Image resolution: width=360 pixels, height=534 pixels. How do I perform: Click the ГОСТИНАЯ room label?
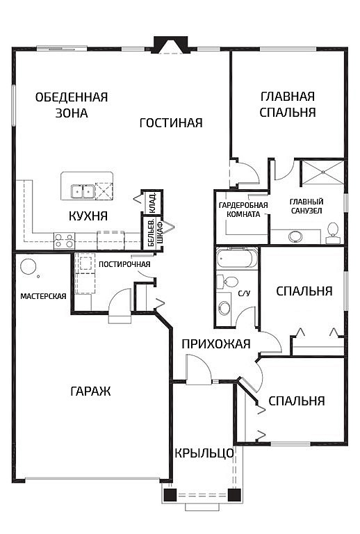click(x=170, y=123)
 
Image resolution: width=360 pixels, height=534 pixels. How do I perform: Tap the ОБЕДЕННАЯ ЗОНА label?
click(x=72, y=105)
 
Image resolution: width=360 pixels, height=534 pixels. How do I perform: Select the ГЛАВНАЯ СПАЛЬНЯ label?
click(x=288, y=104)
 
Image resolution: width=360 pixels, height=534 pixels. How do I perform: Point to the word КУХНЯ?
click(x=88, y=216)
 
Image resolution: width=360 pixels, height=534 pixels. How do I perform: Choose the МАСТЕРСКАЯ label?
click(x=43, y=296)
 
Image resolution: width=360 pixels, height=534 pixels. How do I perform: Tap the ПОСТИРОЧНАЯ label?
click(x=124, y=264)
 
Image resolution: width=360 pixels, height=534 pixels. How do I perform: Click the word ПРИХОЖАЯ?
click(x=215, y=343)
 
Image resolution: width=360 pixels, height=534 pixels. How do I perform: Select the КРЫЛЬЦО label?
click(x=204, y=453)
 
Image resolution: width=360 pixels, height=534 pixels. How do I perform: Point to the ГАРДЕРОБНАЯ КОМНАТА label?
click(x=239, y=210)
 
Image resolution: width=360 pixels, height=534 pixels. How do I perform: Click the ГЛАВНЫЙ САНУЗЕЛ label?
click(x=306, y=206)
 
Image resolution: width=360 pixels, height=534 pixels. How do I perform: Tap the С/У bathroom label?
click(x=244, y=293)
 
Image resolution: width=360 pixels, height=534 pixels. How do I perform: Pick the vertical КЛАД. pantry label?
click(x=152, y=202)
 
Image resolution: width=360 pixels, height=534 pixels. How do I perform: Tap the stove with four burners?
click(x=64, y=241)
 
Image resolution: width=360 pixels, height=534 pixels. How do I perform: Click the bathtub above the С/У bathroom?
click(x=236, y=259)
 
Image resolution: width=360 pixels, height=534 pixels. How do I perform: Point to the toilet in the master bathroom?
click(x=333, y=231)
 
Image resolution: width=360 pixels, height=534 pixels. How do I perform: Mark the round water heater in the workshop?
click(x=28, y=266)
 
